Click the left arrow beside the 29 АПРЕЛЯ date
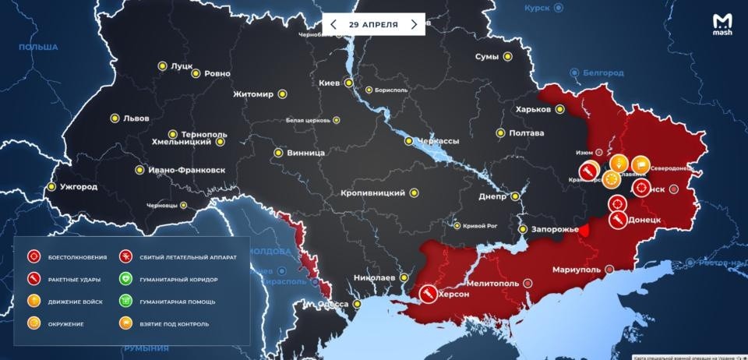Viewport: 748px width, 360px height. pyautogui.click(x=333, y=24)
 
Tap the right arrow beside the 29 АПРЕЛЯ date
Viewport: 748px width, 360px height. pyautogui.click(x=414, y=24)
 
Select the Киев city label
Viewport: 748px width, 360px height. pyautogui.click(x=330, y=83)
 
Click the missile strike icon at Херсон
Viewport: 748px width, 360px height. pyautogui.click(x=427, y=294)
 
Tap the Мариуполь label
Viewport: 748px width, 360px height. pyautogui.click(x=576, y=270)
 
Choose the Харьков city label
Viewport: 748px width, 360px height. pyautogui.click(x=534, y=110)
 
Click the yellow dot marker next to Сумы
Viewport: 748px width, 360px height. pyautogui.click(x=507, y=57)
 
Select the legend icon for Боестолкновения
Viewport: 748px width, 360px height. pyautogui.click(x=34, y=256)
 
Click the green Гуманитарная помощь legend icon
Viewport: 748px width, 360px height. pyautogui.click(x=125, y=301)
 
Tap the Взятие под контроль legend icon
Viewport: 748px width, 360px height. pyautogui.click(x=125, y=323)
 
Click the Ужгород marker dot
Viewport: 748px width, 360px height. pyautogui.click(x=52, y=187)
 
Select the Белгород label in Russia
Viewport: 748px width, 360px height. pyautogui.click(x=605, y=72)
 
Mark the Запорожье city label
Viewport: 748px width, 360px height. pyautogui.click(x=555, y=229)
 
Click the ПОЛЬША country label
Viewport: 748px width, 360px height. pyautogui.click(x=38, y=48)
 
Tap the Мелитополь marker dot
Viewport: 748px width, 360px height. pyautogui.click(x=528, y=283)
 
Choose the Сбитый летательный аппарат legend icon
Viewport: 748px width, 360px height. pyautogui.click(x=125, y=256)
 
